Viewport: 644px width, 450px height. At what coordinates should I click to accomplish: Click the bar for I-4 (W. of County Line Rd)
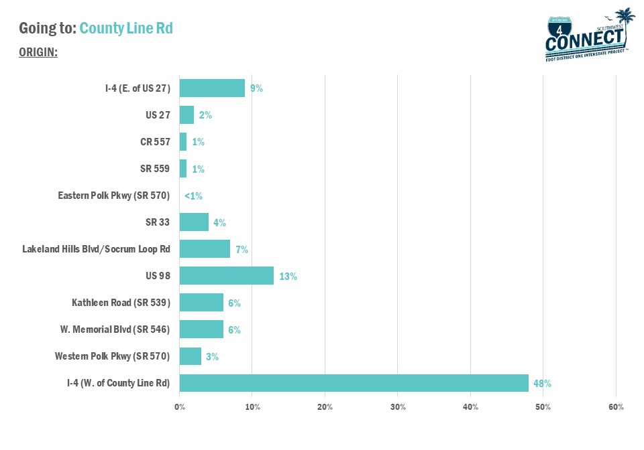point(354,383)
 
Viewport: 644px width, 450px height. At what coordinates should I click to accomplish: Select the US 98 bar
point(227,276)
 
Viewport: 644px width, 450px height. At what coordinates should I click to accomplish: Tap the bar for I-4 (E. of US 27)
point(212,88)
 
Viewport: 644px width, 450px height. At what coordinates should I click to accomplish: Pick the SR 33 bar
point(194,222)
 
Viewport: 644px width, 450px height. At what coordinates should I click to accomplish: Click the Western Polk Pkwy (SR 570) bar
point(191,356)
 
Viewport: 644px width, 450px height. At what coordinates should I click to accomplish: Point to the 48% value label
point(543,384)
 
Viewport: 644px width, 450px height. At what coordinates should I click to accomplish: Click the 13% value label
point(288,277)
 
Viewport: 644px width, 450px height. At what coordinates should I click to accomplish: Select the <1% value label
point(193,196)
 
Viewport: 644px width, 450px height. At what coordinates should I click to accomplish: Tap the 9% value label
point(256,88)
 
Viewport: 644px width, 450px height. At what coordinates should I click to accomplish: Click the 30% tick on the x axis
point(398,407)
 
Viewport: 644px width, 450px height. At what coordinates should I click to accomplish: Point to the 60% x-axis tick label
point(616,407)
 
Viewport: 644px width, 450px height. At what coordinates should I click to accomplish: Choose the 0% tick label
point(180,407)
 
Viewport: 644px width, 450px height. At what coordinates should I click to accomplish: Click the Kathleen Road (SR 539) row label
point(121,303)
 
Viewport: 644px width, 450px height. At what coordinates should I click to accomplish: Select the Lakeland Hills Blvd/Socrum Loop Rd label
point(96,249)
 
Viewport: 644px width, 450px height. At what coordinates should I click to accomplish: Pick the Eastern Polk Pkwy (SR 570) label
point(114,196)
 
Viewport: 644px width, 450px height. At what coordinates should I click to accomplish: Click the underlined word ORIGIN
point(38,52)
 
